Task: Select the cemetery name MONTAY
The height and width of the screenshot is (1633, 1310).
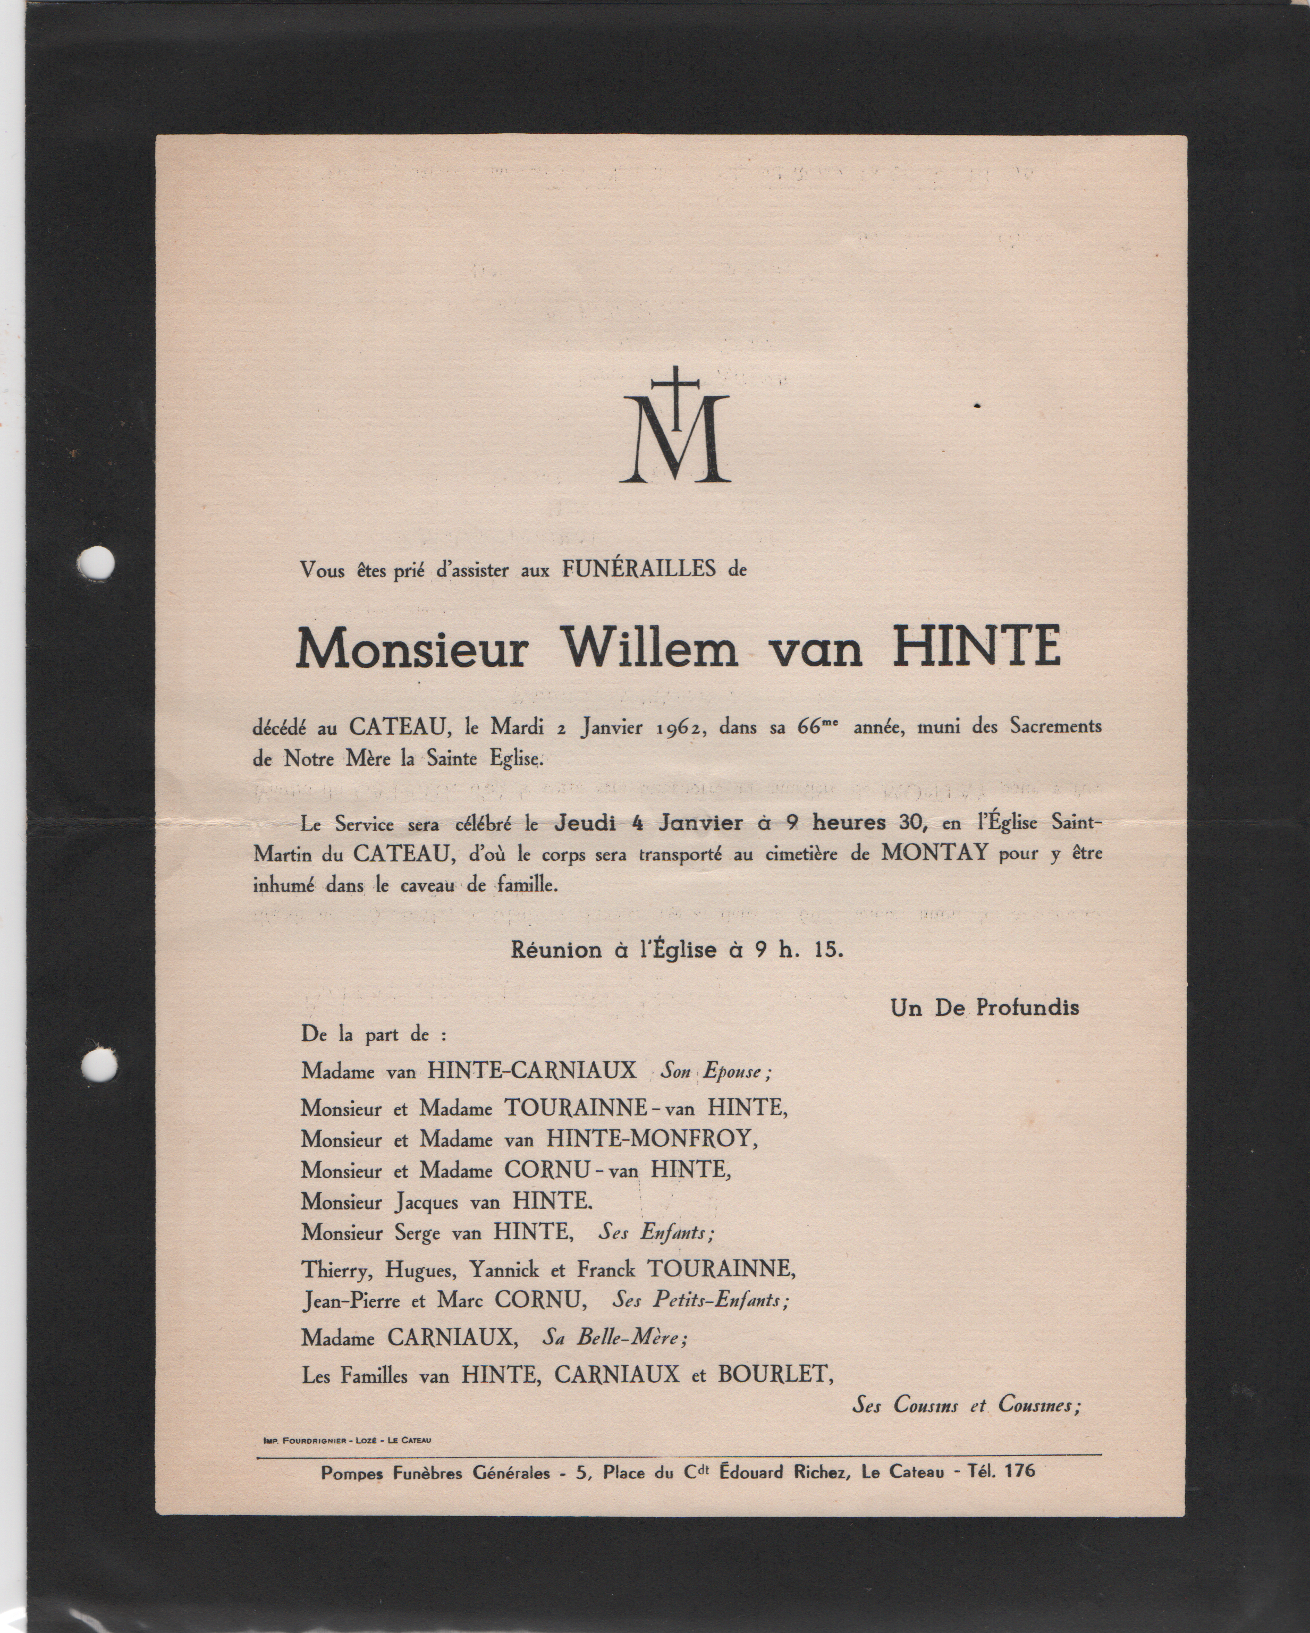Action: point(934,853)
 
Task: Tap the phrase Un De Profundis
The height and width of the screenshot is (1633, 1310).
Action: point(984,1008)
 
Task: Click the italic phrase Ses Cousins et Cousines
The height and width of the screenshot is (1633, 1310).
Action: point(965,1405)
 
